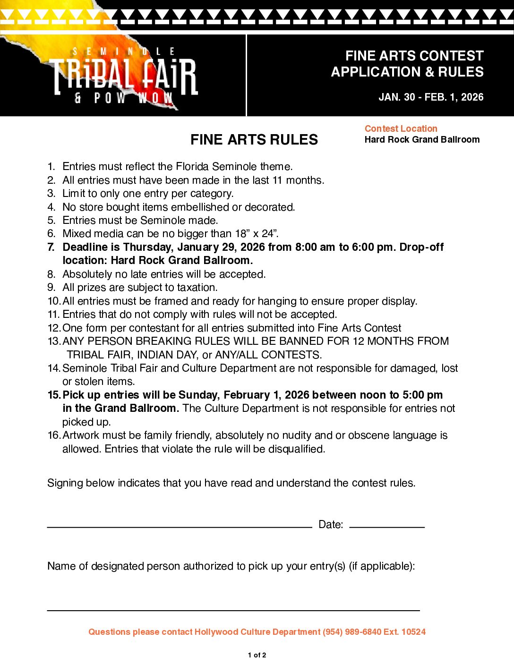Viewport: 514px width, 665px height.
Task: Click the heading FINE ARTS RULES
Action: click(x=254, y=140)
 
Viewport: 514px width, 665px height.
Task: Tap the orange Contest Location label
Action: click(x=401, y=128)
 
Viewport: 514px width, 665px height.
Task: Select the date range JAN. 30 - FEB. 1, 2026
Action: click(x=431, y=97)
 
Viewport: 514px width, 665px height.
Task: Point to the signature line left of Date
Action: click(x=180, y=526)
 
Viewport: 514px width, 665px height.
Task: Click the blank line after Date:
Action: click(x=387, y=526)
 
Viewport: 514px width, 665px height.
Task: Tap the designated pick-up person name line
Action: click(x=233, y=610)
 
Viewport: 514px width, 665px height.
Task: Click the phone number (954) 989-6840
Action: click(x=351, y=632)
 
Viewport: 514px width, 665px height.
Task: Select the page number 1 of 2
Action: click(x=257, y=655)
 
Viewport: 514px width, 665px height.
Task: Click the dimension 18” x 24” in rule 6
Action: click(x=257, y=234)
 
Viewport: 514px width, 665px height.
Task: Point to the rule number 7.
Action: click(x=51, y=247)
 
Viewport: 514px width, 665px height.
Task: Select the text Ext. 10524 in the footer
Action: click(x=404, y=632)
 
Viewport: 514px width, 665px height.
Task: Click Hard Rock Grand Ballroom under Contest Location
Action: click(x=422, y=140)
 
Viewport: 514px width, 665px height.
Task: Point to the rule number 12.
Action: click(x=54, y=328)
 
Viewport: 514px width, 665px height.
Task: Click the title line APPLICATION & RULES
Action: click(x=407, y=72)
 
